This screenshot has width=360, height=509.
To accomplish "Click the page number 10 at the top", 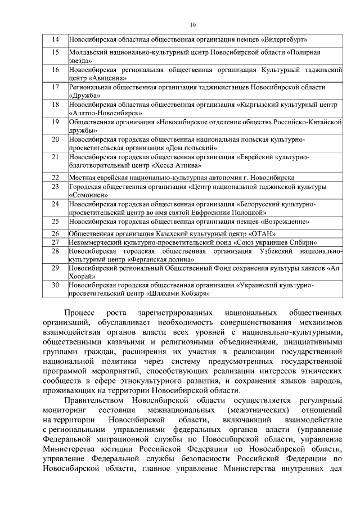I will (x=193, y=25).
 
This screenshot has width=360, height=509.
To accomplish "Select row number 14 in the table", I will (x=55, y=39).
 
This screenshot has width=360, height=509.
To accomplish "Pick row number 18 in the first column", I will (x=55, y=105).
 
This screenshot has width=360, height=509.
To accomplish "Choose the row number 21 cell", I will (x=55, y=157).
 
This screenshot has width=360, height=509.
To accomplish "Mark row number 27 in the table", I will (x=55, y=242).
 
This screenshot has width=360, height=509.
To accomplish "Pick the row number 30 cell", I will (x=55, y=286).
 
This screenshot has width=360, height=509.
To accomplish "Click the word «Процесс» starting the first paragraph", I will (x=80, y=311).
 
